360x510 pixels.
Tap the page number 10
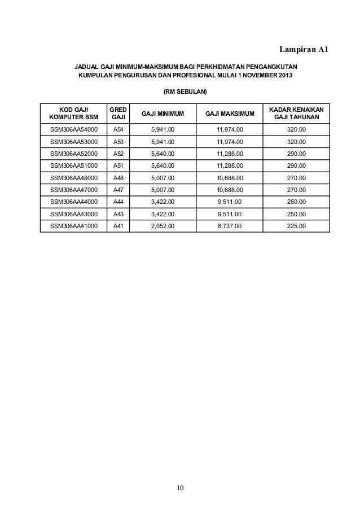pyautogui.click(x=180, y=488)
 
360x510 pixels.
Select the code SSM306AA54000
pyautogui.click(x=74, y=129)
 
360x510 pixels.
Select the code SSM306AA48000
pyautogui.click(x=74, y=178)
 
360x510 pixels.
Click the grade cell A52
pyautogui.click(x=118, y=154)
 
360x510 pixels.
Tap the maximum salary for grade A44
pyautogui.click(x=230, y=202)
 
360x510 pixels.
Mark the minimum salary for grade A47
pyautogui.click(x=163, y=190)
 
